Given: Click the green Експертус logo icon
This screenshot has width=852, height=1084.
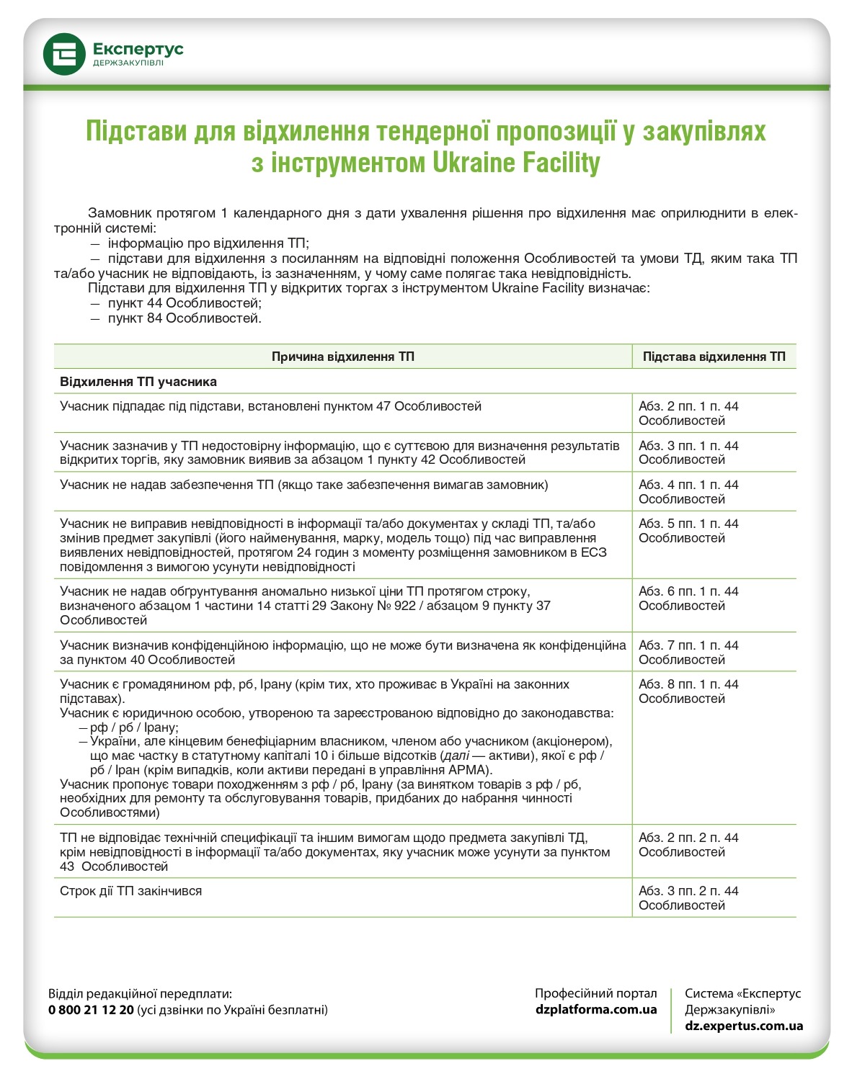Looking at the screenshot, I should pyautogui.click(x=64, y=54).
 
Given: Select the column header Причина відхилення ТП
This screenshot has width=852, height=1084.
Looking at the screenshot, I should pyautogui.click(x=342, y=357).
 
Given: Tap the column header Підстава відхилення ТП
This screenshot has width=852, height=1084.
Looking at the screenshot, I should pyautogui.click(x=714, y=357).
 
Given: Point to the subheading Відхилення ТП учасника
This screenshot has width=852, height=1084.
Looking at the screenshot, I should pyautogui.click(x=138, y=381).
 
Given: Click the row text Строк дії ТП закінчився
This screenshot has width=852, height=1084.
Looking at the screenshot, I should pyautogui.click(x=130, y=891).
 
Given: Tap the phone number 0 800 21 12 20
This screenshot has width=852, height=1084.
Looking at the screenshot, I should pyautogui.click(x=91, y=1010).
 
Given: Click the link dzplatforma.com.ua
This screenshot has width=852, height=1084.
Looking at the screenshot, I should pyautogui.click(x=596, y=1009).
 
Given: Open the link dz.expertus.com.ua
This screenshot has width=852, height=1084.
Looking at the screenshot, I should pyautogui.click(x=744, y=1026).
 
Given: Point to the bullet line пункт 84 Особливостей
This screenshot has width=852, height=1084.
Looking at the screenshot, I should pyautogui.click(x=185, y=318).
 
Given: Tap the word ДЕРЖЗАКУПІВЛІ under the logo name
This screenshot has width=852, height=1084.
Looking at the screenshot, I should pyautogui.click(x=128, y=63).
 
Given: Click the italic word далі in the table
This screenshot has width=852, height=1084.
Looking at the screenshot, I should pyautogui.click(x=456, y=756).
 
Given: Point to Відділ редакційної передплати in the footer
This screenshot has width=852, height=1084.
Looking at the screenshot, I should pyautogui.click(x=141, y=994).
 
